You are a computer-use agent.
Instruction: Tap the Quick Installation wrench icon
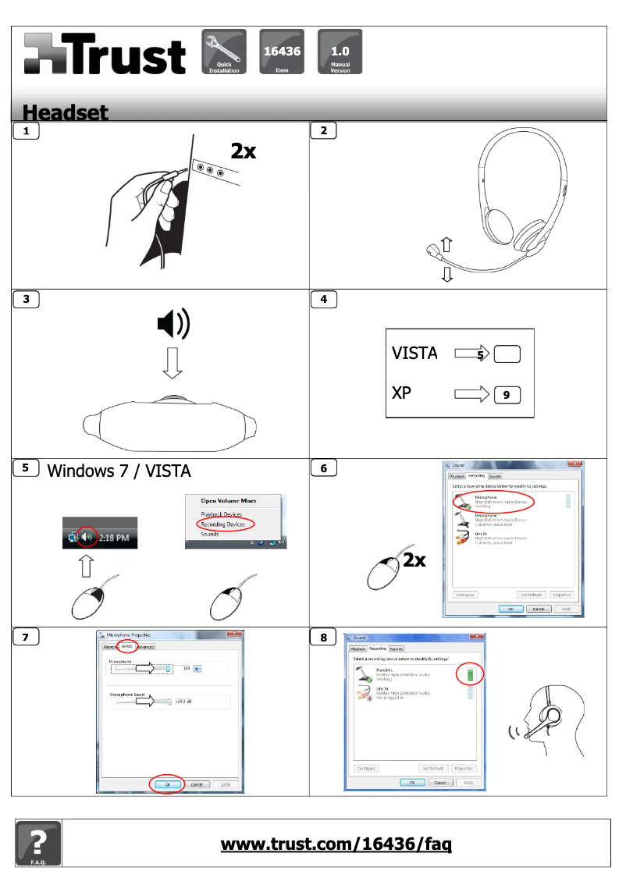coord(224,52)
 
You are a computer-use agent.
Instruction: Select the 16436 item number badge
coord(282,52)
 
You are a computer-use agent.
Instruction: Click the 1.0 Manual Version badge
coord(340,52)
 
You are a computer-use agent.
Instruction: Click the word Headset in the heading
coord(66,113)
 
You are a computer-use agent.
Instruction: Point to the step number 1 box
coord(27,131)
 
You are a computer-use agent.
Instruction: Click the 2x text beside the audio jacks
coord(243,151)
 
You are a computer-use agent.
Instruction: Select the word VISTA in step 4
coord(414,354)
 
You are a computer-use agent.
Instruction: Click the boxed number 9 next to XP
coord(507,396)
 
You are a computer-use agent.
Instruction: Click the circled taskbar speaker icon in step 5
coord(86,538)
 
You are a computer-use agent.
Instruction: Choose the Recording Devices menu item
coord(222,524)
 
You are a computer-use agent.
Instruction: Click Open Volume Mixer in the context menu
coord(229,500)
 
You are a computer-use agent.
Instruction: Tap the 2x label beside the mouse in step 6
coord(414,560)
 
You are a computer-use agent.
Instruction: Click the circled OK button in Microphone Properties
coord(166,784)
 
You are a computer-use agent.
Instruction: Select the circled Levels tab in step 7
coord(127,646)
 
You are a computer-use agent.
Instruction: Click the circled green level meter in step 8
coord(470,674)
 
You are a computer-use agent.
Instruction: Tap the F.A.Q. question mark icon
coord(37,844)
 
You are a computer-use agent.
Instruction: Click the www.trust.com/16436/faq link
coord(336,844)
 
